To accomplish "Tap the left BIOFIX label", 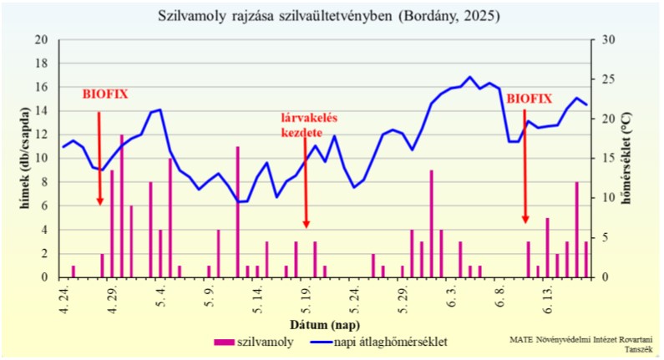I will tap(105, 94).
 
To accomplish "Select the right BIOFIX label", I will tap(529, 99).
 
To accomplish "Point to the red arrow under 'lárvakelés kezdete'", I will tap(306, 184).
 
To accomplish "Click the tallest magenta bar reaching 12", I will tap(122, 205).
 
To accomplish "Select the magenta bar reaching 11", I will tap(238, 210).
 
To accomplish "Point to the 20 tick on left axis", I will tap(42, 40).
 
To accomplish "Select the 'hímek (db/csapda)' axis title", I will tap(26, 159).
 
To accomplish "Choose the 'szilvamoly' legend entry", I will tap(253, 342).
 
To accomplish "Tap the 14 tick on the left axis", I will tap(42, 111).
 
